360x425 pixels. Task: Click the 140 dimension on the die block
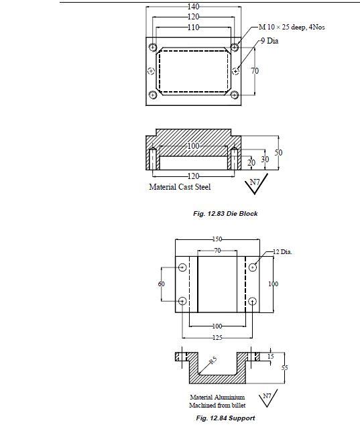tap(194, 7)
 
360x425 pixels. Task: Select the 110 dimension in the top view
tap(194, 27)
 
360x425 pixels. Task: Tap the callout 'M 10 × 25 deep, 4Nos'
tap(292, 27)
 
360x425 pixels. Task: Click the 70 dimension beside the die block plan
tap(255, 71)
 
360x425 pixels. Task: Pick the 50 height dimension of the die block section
tap(278, 153)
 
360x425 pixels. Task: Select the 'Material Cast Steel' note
tap(180, 187)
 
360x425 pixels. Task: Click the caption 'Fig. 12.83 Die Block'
tap(225, 214)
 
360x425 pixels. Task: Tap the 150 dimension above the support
tap(217, 239)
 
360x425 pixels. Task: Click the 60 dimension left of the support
tap(162, 284)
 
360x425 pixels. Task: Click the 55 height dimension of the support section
tap(285, 368)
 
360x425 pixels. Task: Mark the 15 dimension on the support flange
tap(270, 357)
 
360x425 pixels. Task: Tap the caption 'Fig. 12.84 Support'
tap(225, 418)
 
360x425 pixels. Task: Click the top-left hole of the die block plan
tap(153, 48)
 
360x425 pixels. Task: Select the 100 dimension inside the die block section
tap(193, 146)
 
